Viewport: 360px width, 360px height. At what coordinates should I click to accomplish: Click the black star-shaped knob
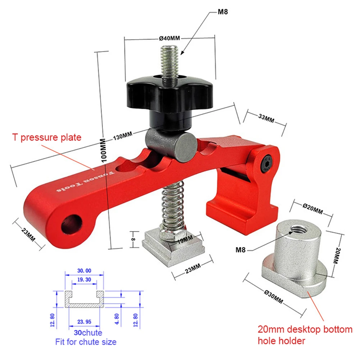(x=170, y=94)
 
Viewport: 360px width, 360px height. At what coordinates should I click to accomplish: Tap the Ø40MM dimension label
(x=169, y=38)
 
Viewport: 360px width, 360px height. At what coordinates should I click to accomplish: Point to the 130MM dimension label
(x=123, y=136)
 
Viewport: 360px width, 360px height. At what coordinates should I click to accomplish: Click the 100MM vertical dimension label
(x=104, y=150)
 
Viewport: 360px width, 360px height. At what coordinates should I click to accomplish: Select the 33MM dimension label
(x=266, y=118)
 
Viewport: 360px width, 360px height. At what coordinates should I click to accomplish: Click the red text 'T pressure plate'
(x=47, y=137)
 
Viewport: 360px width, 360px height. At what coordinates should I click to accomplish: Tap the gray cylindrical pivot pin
(x=171, y=145)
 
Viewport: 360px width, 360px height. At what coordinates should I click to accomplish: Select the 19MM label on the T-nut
(x=185, y=240)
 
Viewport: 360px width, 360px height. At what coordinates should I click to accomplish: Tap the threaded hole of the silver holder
(x=297, y=229)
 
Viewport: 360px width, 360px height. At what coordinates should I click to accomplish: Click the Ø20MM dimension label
(x=313, y=209)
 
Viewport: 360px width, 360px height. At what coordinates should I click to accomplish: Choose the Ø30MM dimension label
(x=273, y=297)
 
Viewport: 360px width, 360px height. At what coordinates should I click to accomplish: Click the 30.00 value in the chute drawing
(x=84, y=271)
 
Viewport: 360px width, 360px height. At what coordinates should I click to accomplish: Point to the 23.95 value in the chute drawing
(x=84, y=322)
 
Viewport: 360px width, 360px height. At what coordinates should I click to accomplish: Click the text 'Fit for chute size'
(x=86, y=342)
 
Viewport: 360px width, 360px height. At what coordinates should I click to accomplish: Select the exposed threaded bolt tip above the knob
(x=170, y=63)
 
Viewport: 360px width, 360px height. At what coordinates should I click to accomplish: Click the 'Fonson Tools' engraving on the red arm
(x=86, y=181)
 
